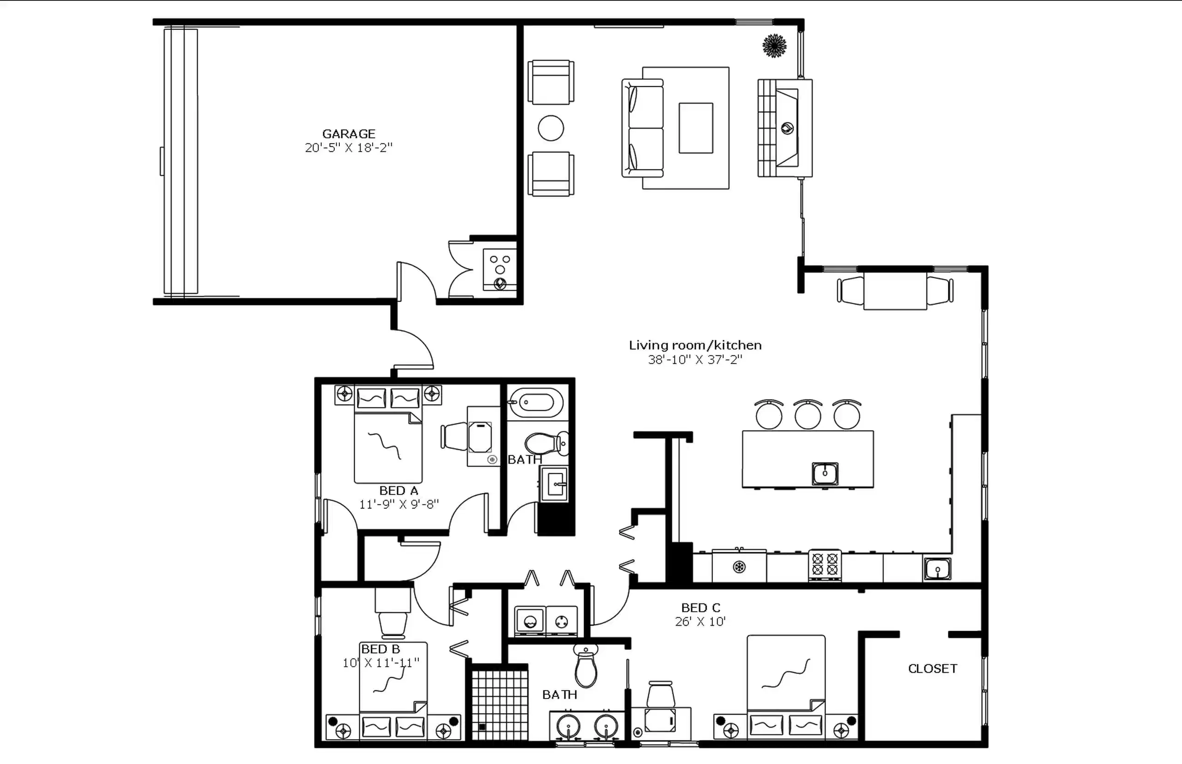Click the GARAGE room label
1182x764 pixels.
click(349, 134)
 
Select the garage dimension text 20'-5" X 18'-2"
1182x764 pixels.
click(349, 148)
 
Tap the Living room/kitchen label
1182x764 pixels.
click(695, 345)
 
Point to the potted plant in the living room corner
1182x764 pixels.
click(774, 46)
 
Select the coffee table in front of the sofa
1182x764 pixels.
click(696, 128)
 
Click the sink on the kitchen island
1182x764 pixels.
click(825, 473)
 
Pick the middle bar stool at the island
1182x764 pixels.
click(808, 415)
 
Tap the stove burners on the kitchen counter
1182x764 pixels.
click(825, 565)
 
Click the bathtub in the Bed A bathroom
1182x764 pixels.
click(537, 402)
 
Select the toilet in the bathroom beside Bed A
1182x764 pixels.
click(545, 443)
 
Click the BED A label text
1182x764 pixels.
click(398, 490)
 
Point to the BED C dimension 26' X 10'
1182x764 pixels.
click(700, 621)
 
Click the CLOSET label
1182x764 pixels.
click(932, 669)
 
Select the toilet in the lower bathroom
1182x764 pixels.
click(586, 667)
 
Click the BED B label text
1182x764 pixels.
click(380, 649)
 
